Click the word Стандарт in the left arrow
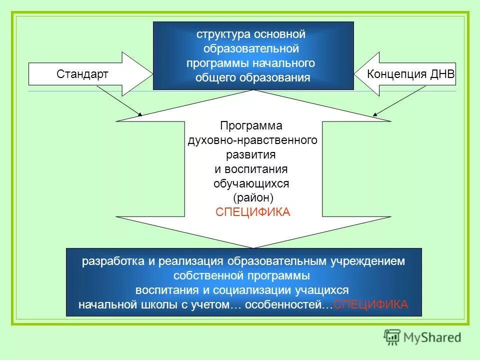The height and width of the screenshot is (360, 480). point(82,74)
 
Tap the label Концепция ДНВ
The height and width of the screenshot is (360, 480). point(410,74)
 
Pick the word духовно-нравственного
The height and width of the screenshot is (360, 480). point(252,140)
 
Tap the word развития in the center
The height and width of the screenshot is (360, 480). point(252,154)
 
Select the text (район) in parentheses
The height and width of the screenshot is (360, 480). point(252,198)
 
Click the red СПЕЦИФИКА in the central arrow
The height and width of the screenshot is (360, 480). point(252,212)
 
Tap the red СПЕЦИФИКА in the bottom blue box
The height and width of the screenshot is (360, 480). point(370,304)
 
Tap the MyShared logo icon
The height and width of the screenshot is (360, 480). point(392,337)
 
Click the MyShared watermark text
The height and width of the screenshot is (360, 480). point(432,337)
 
